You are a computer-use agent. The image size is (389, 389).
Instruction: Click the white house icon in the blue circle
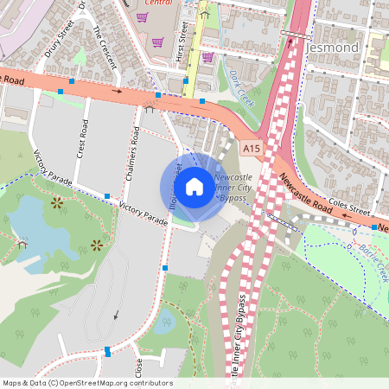click(x=194, y=185)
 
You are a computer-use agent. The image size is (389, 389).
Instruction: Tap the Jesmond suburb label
click(x=332, y=48)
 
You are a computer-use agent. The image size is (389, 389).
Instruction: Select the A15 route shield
click(x=251, y=149)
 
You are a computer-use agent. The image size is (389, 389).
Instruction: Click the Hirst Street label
click(x=182, y=37)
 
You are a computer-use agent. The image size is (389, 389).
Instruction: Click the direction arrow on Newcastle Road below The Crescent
click(x=117, y=89)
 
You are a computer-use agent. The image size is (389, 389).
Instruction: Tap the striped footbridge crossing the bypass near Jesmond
click(x=293, y=35)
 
